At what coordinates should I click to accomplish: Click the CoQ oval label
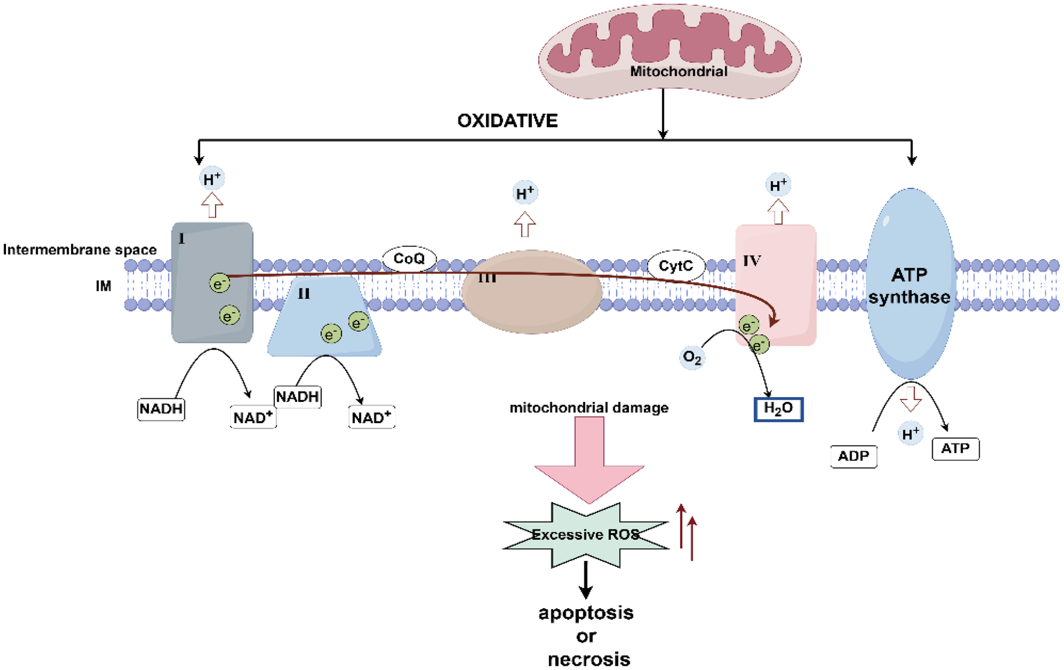409,259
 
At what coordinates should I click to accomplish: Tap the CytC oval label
675,266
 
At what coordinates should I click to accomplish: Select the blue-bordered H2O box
778,409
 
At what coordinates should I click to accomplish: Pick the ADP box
853,456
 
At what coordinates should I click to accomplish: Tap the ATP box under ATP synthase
955,449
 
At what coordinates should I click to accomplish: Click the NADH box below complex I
161,409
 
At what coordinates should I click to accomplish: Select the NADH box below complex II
297,397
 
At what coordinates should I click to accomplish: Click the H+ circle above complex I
212,179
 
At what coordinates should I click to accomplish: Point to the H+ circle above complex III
525,193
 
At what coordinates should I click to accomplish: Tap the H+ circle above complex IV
778,186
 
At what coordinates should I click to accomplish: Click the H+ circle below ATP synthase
910,433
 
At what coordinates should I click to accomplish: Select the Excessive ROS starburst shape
586,535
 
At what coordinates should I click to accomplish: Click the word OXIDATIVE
507,121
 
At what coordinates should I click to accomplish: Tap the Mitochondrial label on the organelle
678,72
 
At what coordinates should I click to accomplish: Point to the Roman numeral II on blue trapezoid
304,294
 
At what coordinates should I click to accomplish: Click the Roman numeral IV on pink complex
751,261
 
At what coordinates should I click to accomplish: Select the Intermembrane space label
80,249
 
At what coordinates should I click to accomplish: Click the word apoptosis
586,613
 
